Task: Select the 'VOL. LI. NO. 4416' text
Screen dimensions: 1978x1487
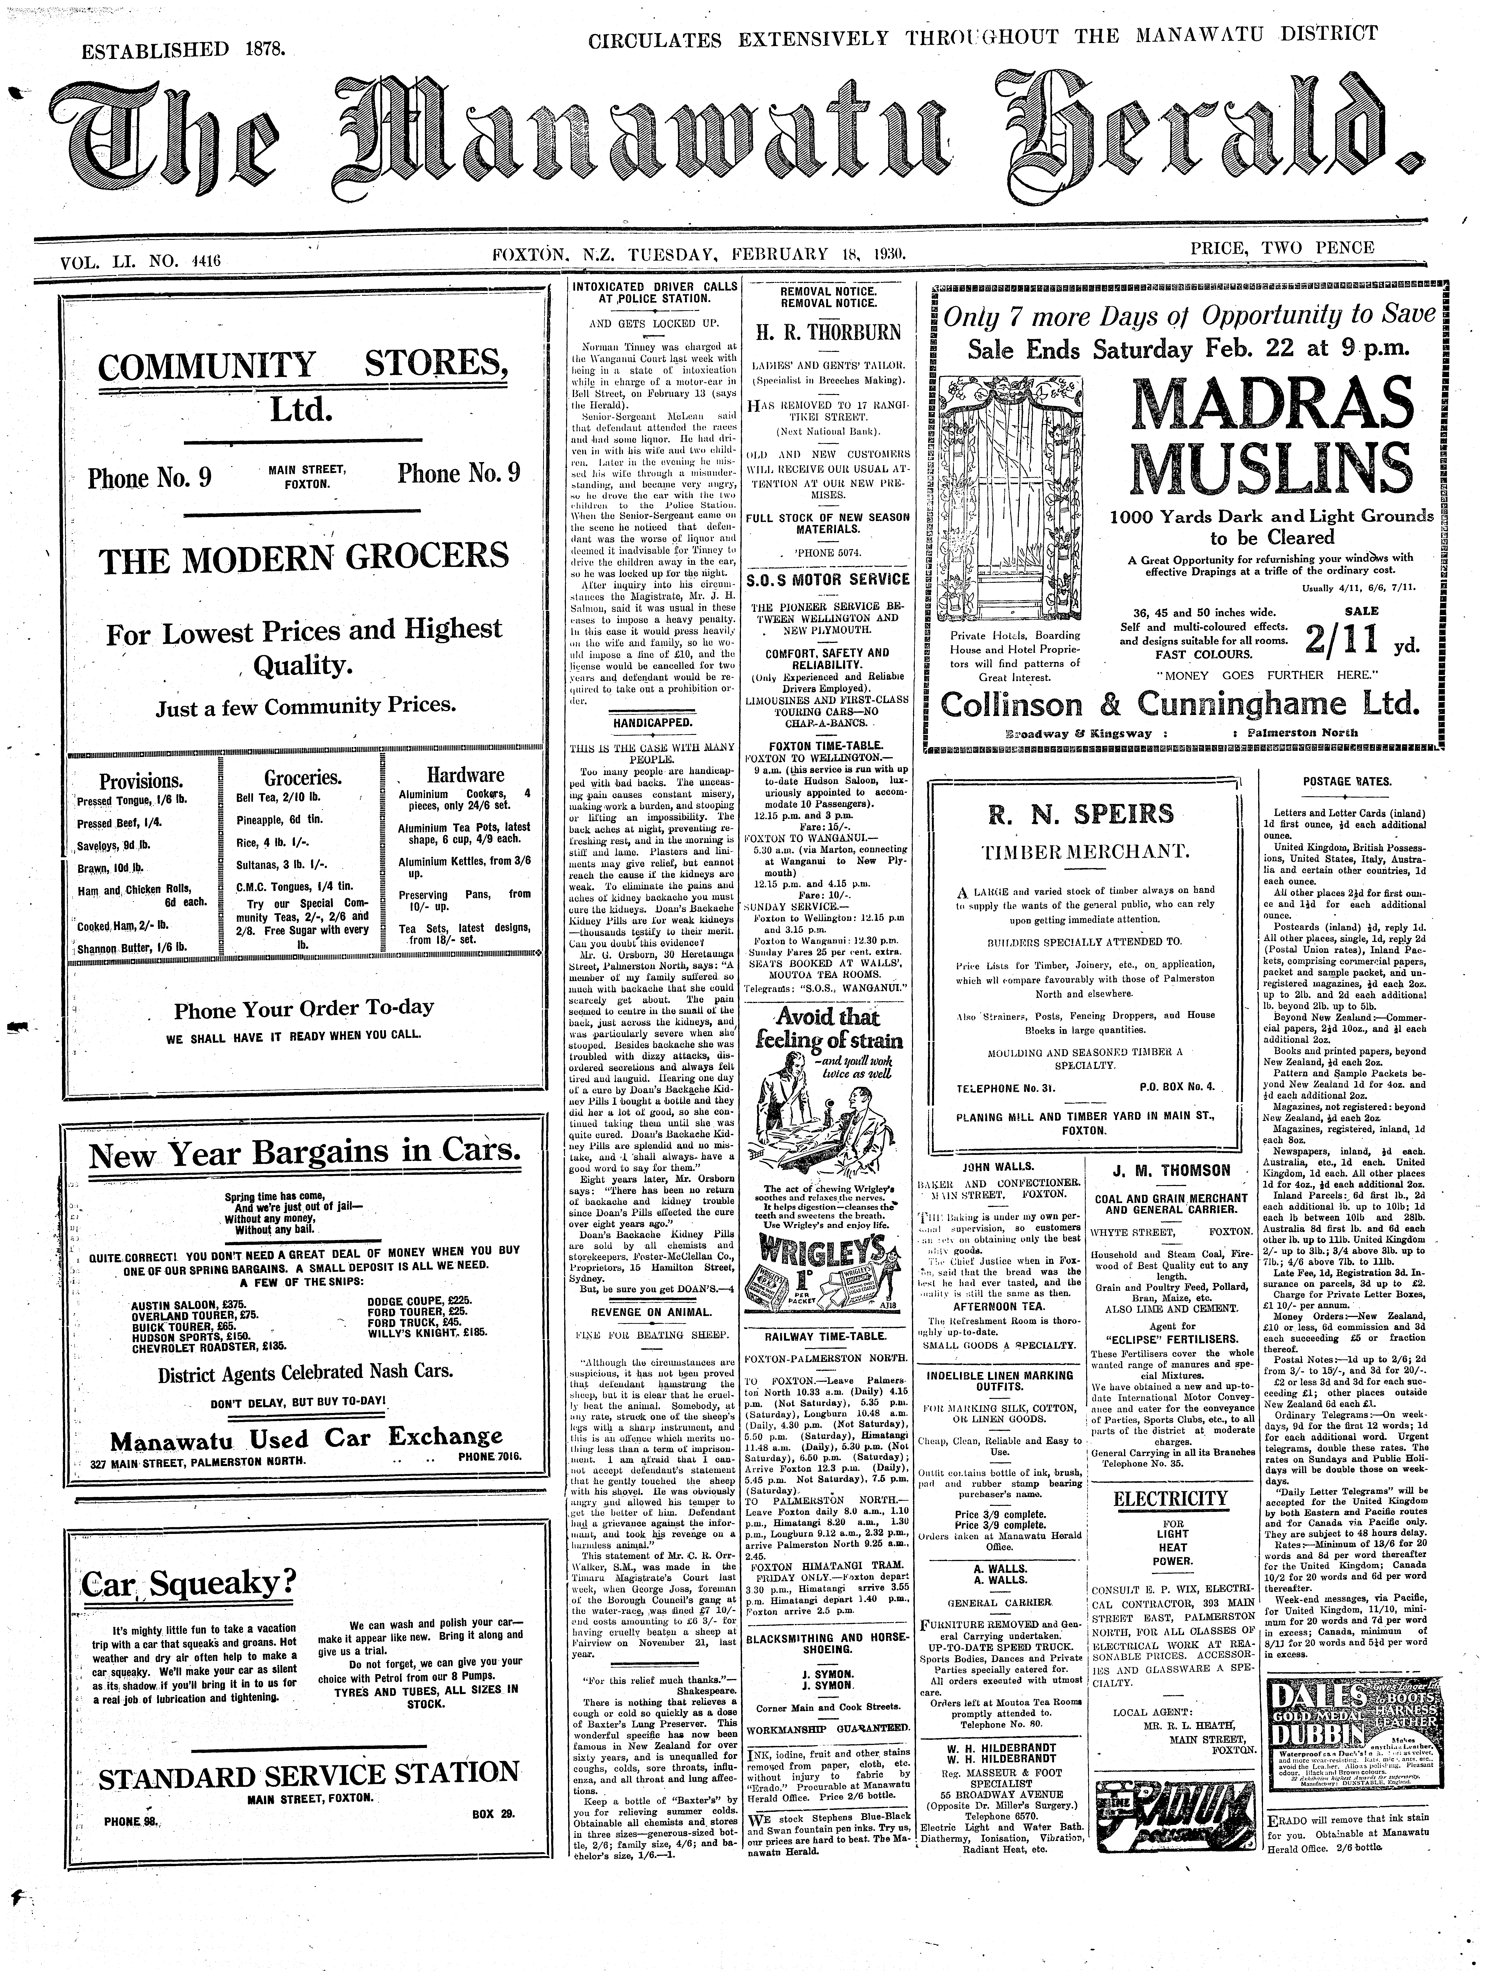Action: [x=140, y=261]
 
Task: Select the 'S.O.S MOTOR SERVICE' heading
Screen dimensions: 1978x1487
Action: [x=828, y=580]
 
